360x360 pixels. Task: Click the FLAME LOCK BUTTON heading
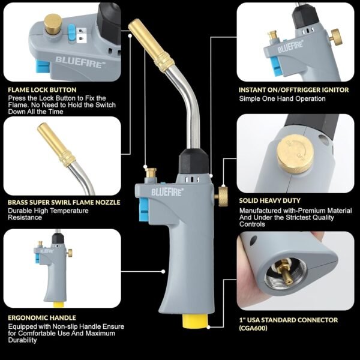point(42,90)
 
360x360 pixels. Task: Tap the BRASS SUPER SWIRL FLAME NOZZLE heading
point(64,203)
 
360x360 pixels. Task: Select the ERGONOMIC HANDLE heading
point(41,317)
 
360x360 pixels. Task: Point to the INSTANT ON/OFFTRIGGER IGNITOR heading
point(293,90)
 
